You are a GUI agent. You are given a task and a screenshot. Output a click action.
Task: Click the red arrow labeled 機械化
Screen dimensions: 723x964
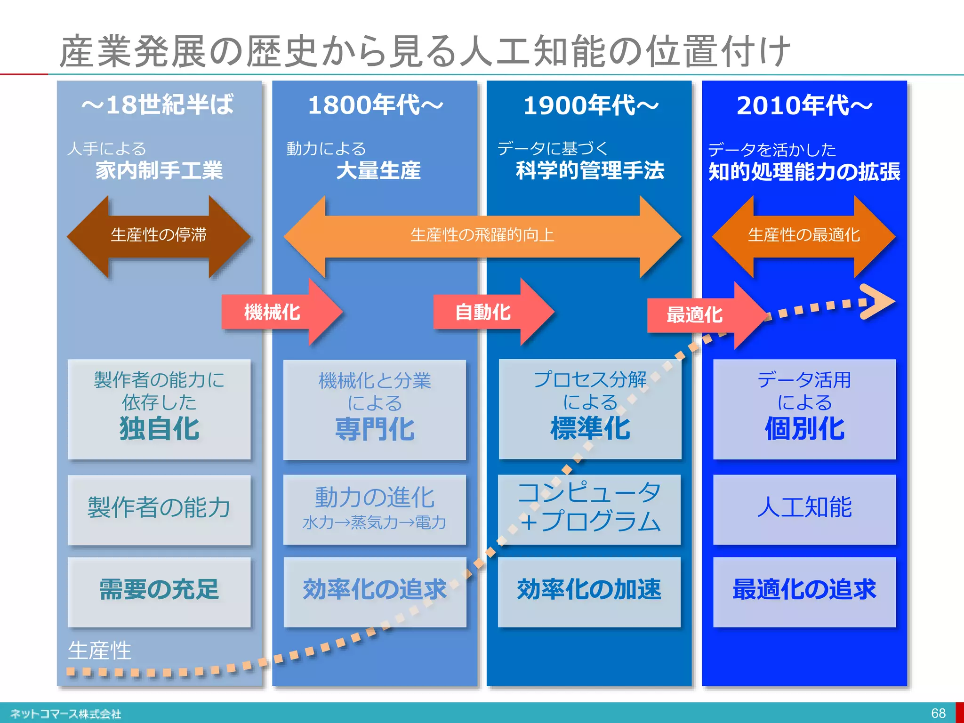coord(278,312)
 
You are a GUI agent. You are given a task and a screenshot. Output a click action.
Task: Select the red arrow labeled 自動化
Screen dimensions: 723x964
coord(490,312)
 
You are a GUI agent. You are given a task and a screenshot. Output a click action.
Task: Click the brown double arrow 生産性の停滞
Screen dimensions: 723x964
coord(159,235)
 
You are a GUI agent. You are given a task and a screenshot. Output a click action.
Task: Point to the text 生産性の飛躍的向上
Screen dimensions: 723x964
coord(482,235)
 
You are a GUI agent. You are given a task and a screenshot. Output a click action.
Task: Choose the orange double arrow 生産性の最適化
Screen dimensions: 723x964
coord(803,235)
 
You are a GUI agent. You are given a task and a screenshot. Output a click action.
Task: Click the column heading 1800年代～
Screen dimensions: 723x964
coord(375,105)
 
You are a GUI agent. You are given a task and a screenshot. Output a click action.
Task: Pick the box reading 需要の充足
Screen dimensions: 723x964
coord(159,590)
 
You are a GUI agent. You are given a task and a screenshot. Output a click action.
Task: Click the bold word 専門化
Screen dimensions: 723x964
coord(375,429)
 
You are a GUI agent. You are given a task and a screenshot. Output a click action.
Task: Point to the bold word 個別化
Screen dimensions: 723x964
coord(804,429)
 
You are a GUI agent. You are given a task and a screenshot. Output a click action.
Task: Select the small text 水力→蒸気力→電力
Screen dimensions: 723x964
coord(374,523)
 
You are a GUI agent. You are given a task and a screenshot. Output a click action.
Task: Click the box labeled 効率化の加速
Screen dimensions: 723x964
coord(589,590)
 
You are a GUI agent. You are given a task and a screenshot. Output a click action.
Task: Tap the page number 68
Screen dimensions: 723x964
coord(938,713)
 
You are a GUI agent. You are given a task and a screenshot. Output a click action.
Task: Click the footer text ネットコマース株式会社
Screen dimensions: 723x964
coord(66,714)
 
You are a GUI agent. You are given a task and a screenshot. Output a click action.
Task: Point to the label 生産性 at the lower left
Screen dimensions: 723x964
coord(99,651)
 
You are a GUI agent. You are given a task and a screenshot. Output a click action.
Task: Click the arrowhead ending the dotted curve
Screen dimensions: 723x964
coord(878,301)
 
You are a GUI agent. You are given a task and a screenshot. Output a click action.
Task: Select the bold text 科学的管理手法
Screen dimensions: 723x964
coord(590,170)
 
